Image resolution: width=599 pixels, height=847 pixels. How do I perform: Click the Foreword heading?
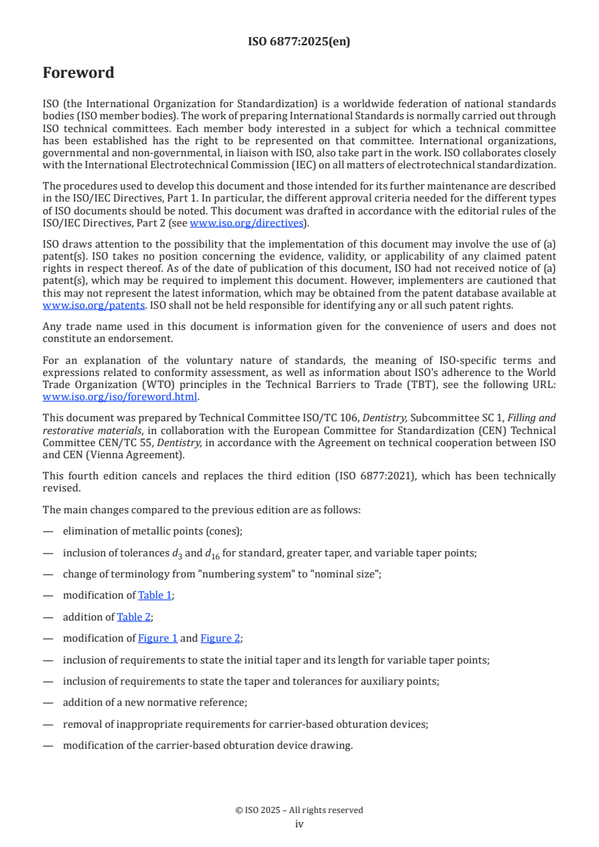(79, 73)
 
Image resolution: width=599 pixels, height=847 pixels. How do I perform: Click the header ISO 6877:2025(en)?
(299, 42)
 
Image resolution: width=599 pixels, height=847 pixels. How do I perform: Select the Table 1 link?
(155, 596)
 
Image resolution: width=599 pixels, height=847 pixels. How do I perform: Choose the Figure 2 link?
(220, 638)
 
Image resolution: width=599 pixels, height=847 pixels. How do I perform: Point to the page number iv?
(299, 824)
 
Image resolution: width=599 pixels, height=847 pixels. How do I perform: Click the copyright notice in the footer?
(299, 810)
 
